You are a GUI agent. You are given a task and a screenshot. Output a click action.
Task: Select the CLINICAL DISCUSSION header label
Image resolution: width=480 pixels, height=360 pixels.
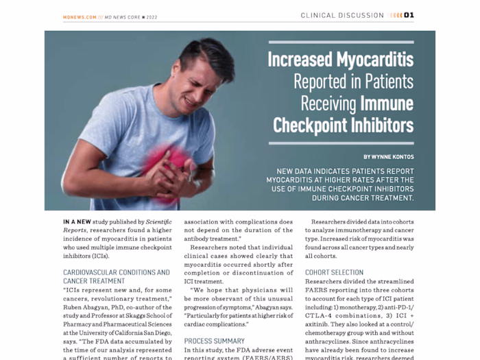pos(342,15)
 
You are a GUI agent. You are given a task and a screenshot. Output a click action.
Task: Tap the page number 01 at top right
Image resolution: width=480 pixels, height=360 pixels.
pos(409,15)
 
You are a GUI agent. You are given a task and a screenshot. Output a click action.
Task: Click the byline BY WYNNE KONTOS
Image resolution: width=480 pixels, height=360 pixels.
pos(388,157)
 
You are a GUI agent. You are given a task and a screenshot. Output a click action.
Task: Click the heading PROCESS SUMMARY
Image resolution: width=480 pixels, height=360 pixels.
pos(214,341)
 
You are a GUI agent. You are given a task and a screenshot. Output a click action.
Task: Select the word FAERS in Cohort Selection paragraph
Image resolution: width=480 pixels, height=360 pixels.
pos(320,291)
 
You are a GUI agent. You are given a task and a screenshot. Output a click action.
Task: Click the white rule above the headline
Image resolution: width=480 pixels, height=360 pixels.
pos(341,43)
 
